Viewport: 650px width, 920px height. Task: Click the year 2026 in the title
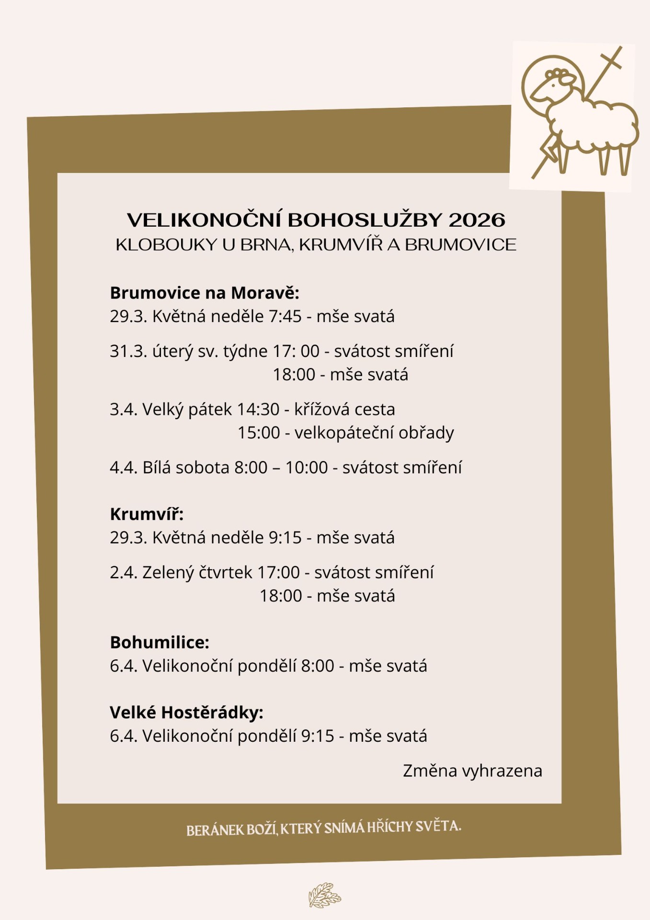(x=477, y=220)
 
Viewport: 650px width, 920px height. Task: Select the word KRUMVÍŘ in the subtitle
(x=341, y=245)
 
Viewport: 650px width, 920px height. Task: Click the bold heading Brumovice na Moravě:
(x=205, y=292)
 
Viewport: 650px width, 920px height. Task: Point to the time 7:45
(x=285, y=316)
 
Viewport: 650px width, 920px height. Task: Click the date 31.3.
(x=128, y=351)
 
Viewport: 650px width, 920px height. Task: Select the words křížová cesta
(x=344, y=409)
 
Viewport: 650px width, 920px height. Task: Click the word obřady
(x=426, y=433)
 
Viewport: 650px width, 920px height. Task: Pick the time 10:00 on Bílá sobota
(x=307, y=467)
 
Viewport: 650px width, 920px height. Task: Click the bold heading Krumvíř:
(x=147, y=514)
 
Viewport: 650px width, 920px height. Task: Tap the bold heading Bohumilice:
(x=160, y=643)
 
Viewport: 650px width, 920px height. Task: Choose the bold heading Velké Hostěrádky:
(x=186, y=713)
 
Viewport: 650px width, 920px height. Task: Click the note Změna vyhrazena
(x=472, y=771)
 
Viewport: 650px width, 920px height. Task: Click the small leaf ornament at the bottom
(x=324, y=895)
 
